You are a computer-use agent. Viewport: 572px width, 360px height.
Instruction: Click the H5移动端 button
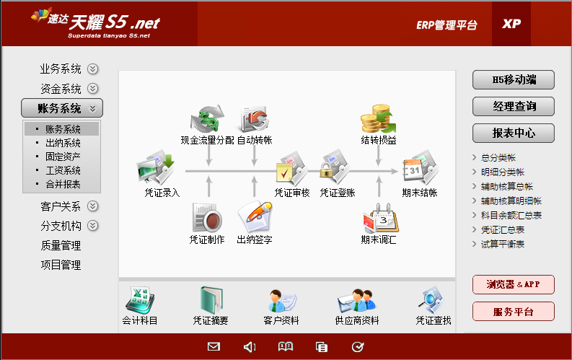514,79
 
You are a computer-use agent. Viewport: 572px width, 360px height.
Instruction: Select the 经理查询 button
514,106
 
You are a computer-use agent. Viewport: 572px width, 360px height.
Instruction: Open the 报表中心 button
514,133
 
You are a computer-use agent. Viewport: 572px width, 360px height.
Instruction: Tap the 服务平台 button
514,312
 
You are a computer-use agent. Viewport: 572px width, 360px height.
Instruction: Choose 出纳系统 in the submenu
63,143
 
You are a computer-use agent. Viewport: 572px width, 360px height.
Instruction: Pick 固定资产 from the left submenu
63,157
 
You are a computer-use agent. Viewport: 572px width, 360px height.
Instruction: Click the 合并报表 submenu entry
63,184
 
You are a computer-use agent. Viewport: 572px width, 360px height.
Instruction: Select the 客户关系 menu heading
61,206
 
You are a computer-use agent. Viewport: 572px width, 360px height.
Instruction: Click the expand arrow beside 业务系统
92,69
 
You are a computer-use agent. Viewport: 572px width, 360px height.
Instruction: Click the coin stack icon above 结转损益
378,119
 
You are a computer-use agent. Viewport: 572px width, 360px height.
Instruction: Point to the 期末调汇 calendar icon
380,219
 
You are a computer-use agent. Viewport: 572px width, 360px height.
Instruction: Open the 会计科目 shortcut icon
140,300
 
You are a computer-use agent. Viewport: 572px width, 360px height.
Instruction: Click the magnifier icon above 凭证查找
432,300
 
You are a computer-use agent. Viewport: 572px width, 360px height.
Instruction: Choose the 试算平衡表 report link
502,244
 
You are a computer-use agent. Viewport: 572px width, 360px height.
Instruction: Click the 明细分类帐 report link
502,172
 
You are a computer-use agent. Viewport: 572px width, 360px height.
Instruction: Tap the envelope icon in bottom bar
214,346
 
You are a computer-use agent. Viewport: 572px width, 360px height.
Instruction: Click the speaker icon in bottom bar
250,347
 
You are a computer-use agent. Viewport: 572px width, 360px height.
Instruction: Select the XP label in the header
511,24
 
